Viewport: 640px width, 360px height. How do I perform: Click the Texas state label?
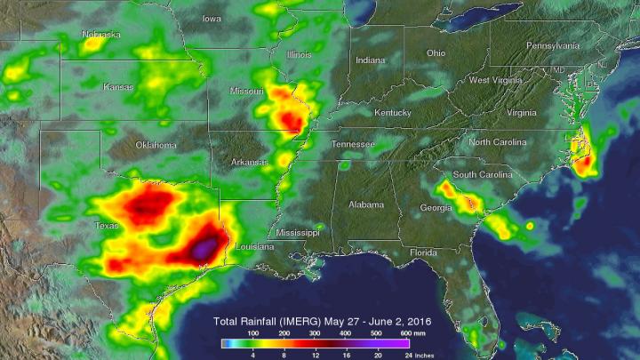[107, 226]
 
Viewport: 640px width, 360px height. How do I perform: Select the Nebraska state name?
[100, 35]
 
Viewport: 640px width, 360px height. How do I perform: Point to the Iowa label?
[212, 18]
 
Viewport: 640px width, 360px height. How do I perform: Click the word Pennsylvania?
[554, 44]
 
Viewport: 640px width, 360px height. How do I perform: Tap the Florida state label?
[424, 252]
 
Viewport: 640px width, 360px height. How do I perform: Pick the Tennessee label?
[353, 143]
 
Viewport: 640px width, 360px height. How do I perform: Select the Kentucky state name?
[392, 113]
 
